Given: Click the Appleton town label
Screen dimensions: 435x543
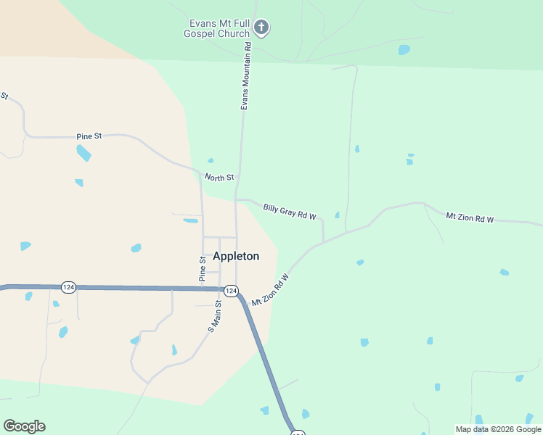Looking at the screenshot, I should click(236, 256).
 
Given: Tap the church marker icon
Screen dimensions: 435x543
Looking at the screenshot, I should click(261, 28).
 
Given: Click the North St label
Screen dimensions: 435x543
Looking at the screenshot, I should click(219, 178).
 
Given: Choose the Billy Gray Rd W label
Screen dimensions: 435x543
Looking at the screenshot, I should click(290, 212).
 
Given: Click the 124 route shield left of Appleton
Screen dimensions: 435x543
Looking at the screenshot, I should click(68, 287).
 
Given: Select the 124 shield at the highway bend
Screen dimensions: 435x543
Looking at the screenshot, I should click(231, 291).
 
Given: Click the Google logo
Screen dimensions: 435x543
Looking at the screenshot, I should click(24, 426).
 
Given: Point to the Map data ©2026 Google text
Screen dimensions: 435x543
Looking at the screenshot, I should click(498, 429).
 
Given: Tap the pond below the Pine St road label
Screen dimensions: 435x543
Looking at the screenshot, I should click(83, 152).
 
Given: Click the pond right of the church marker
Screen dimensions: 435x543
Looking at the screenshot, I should click(404, 50).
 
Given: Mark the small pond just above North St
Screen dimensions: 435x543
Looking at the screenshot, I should click(211, 160).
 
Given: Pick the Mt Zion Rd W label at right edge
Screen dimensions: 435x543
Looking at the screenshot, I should click(470, 217).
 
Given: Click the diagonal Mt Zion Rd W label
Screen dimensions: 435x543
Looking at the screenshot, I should click(270, 289).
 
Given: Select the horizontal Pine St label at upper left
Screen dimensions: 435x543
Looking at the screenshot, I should click(89, 136).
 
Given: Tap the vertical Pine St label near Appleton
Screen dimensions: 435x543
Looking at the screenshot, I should click(203, 269).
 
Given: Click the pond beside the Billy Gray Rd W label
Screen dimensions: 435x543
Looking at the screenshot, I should click(337, 215).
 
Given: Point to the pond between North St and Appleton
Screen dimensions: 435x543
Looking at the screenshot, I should click(190, 220).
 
